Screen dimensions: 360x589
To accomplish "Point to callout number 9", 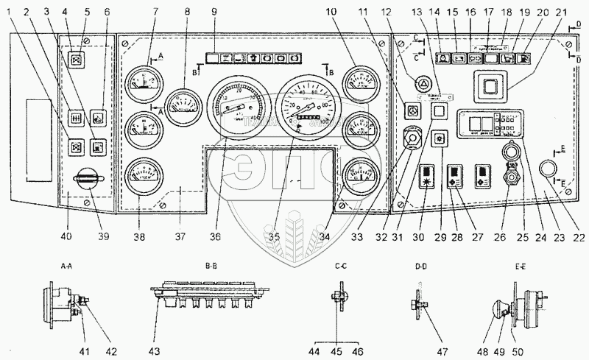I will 214,12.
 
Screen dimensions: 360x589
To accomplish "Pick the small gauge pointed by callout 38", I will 139,174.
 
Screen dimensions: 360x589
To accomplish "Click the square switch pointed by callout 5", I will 75,60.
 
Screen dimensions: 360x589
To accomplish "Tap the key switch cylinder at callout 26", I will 507,180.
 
